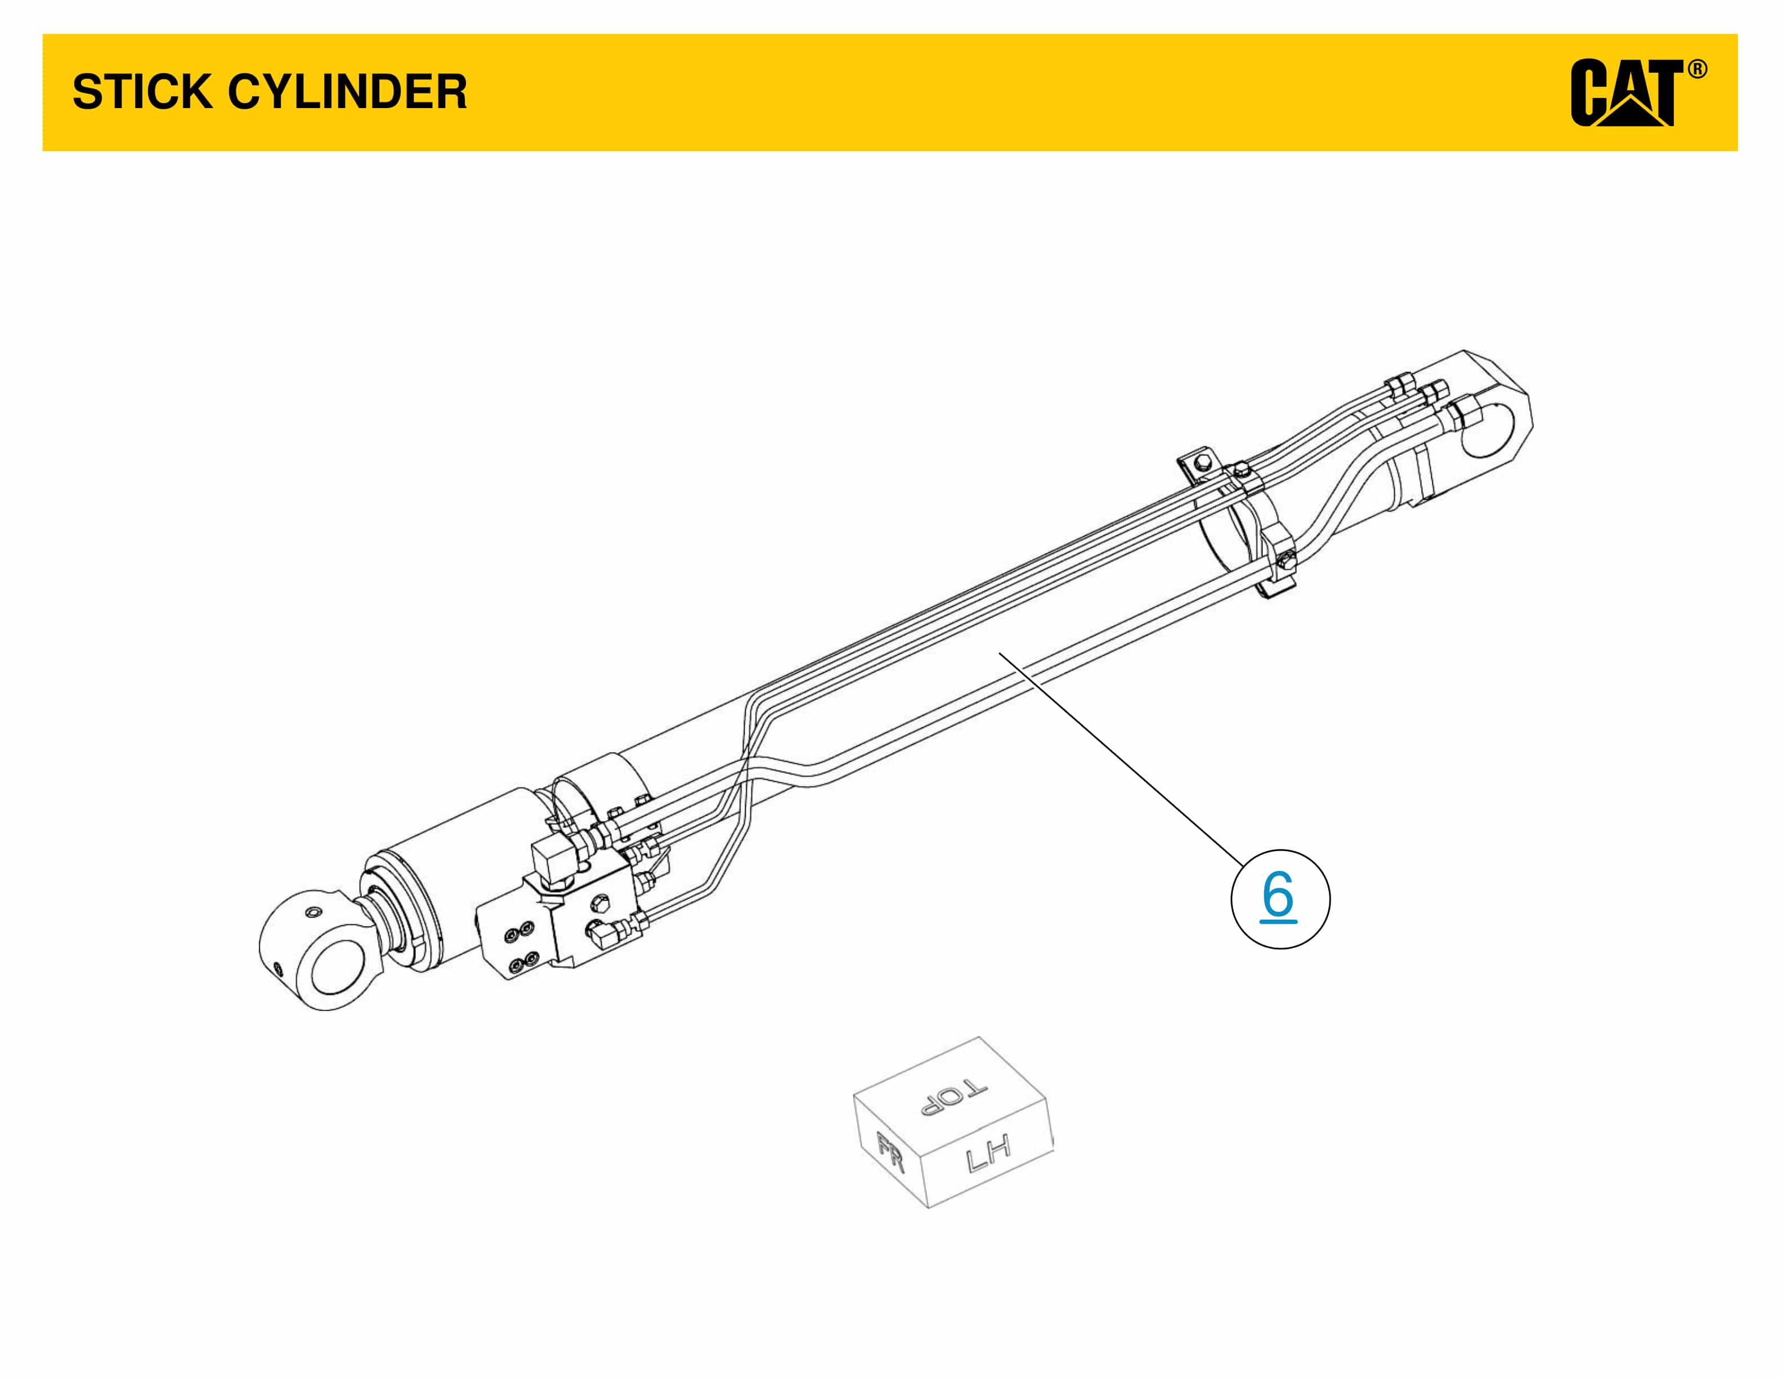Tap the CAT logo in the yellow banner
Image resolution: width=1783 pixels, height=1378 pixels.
[x=1625, y=93]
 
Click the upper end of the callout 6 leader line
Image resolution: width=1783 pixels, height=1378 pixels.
[x=998, y=651]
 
